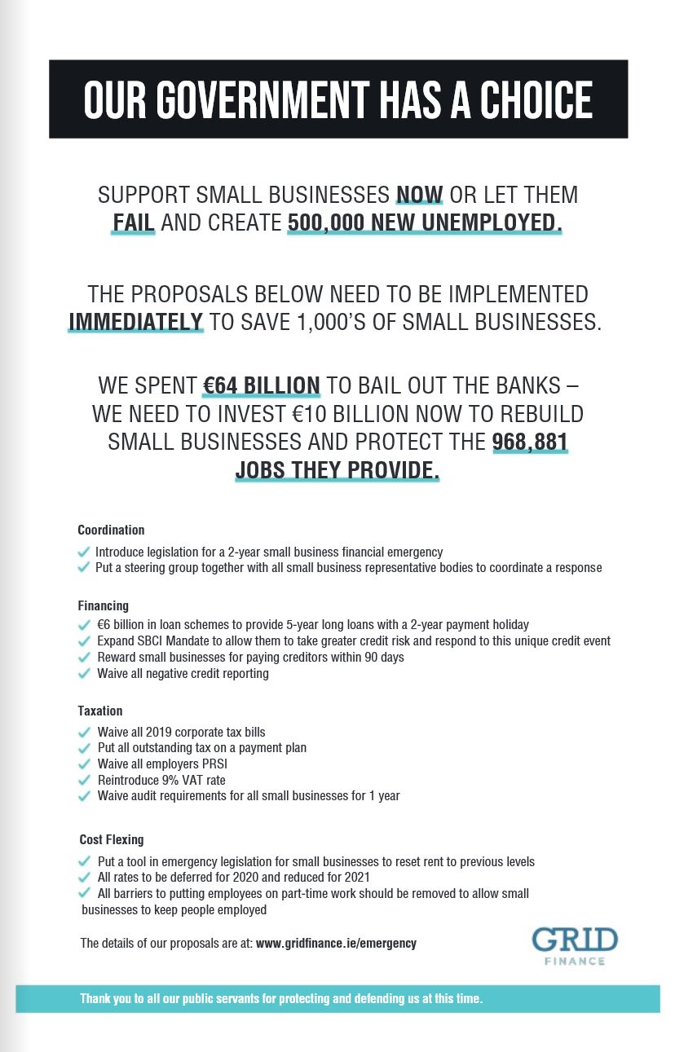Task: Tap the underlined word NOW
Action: (419, 196)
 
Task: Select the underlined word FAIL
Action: (134, 222)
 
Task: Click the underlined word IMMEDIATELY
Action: (135, 320)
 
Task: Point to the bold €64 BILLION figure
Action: (262, 385)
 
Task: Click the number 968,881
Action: (530, 442)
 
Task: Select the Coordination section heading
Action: (111, 530)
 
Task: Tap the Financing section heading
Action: (104, 605)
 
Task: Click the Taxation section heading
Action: (100, 711)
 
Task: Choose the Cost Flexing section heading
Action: (112, 839)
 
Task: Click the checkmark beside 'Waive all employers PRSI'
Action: (84, 764)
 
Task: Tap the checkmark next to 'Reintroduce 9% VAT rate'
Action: (84, 780)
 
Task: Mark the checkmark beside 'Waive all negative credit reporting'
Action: (84, 674)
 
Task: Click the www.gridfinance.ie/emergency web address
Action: (336, 943)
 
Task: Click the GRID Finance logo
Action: (575, 945)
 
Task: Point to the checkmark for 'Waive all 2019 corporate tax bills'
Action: (84, 732)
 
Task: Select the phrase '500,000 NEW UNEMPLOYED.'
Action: (425, 222)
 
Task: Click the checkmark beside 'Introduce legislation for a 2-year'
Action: (83, 552)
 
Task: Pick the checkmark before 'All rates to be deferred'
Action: (84, 878)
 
